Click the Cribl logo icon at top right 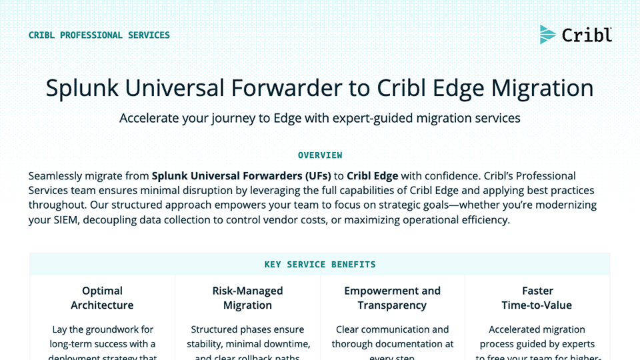click(547, 35)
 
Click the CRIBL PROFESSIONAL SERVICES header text click(99, 35)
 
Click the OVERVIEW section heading click(320, 155)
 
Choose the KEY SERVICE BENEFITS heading click(320, 265)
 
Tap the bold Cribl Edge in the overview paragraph click(372, 176)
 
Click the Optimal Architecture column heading click(102, 298)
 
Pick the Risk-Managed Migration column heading click(247, 298)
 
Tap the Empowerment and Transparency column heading click(392, 298)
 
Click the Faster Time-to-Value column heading click(537, 298)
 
